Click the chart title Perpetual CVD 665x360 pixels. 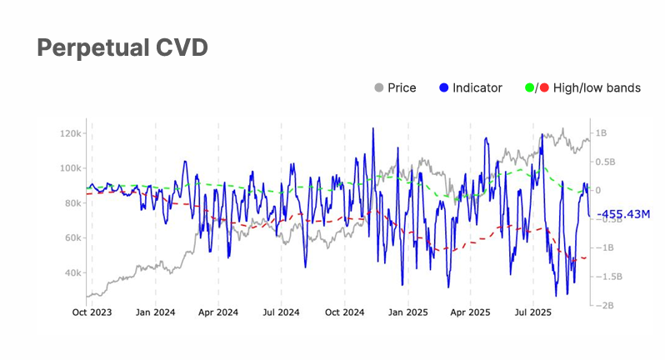(122, 48)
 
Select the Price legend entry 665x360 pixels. (402, 87)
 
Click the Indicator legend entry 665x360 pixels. (477, 87)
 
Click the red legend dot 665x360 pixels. (544, 87)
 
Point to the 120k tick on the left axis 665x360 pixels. (68, 133)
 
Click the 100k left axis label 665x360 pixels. (68, 168)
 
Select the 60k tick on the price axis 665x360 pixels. (70, 238)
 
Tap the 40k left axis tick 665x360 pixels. (70, 273)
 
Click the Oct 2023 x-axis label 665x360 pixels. (92, 313)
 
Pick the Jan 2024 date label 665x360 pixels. (155, 313)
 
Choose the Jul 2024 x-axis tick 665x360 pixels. (281, 313)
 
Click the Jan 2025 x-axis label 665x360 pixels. (407, 313)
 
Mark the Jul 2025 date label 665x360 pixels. (532, 313)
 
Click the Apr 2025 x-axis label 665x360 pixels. (469, 313)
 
